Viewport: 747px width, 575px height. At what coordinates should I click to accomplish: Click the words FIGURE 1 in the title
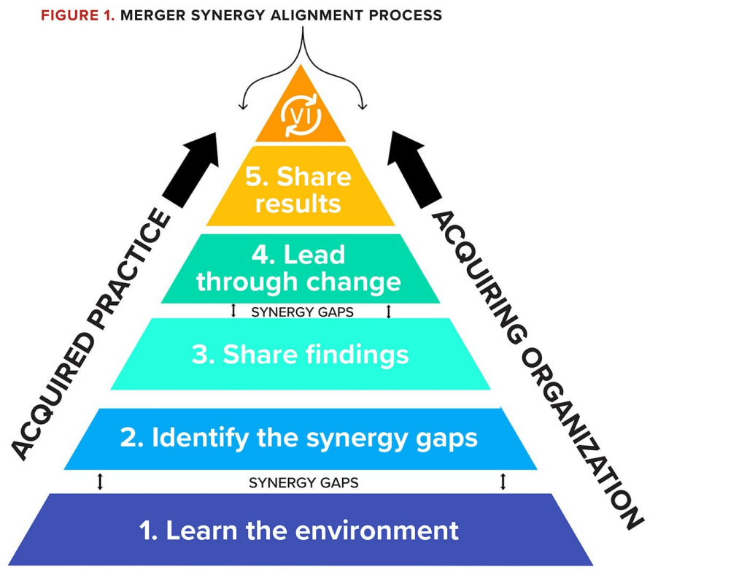[78, 15]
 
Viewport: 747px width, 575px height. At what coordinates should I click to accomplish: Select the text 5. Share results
[300, 189]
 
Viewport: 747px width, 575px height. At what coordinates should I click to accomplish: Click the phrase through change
[299, 281]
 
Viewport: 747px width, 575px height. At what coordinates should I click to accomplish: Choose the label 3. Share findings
[300, 355]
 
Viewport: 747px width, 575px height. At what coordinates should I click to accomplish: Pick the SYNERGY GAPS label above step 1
[303, 482]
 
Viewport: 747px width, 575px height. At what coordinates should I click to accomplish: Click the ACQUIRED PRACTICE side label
[91, 336]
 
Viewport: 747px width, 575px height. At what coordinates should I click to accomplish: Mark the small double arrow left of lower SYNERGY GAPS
[100, 482]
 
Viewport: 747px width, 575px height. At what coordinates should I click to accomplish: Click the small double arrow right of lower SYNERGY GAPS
[503, 482]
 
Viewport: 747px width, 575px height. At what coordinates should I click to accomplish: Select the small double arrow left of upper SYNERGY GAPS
[233, 312]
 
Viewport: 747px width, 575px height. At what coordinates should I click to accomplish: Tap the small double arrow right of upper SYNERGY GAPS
[389, 312]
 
